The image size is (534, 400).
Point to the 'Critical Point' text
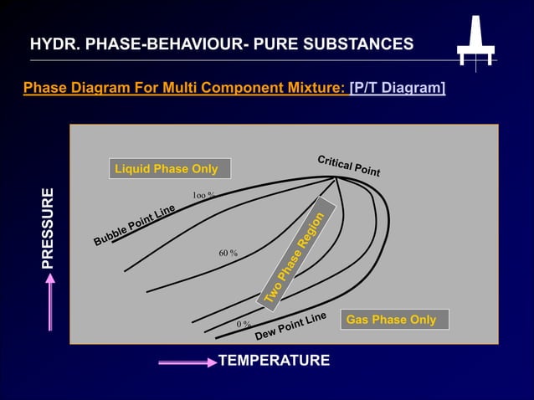click(x=348, y=166)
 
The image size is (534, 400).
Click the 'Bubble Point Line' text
click(x=134, y=225)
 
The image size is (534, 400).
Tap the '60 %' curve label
click(x=228, y=253)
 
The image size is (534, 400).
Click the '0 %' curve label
click(x=244, y=324)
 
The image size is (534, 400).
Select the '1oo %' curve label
click(x=204, y=195)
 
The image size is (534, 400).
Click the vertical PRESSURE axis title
click(x=49, y=228)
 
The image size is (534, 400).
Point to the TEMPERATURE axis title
click(x=274, y=361)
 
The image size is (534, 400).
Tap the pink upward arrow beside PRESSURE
click(x=50, y=301)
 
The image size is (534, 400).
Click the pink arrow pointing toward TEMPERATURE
click(x=187, y=362)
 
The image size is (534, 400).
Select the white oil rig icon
click(x=475, y=42)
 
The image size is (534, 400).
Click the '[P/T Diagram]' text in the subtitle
click(x=398, y=88)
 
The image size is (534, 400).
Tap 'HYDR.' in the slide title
click(x=52, y=44)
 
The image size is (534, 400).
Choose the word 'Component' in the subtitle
click(x=243, y=88)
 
